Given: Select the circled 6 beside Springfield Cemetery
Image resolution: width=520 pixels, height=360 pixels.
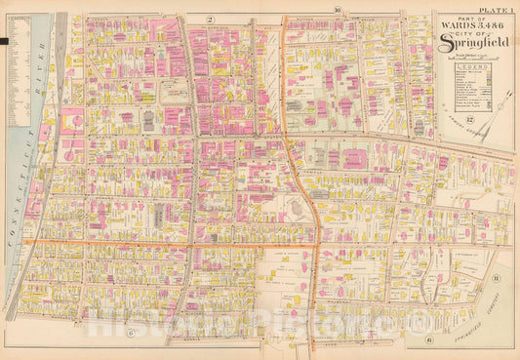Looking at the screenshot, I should tap(430, 340).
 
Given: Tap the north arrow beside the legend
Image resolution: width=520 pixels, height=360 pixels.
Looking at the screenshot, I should tap(503, 89).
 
